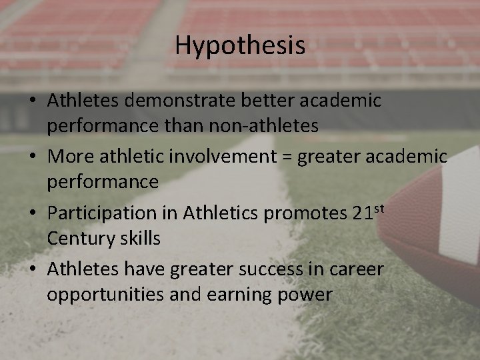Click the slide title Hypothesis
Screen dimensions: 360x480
click(240, 45)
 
